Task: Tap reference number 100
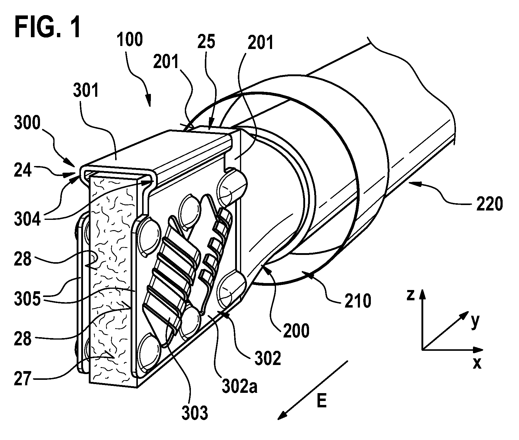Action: coord(130,40)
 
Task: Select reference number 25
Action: coord(206,42)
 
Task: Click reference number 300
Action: coord(27,123)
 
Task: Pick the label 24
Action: coord(23,171)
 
